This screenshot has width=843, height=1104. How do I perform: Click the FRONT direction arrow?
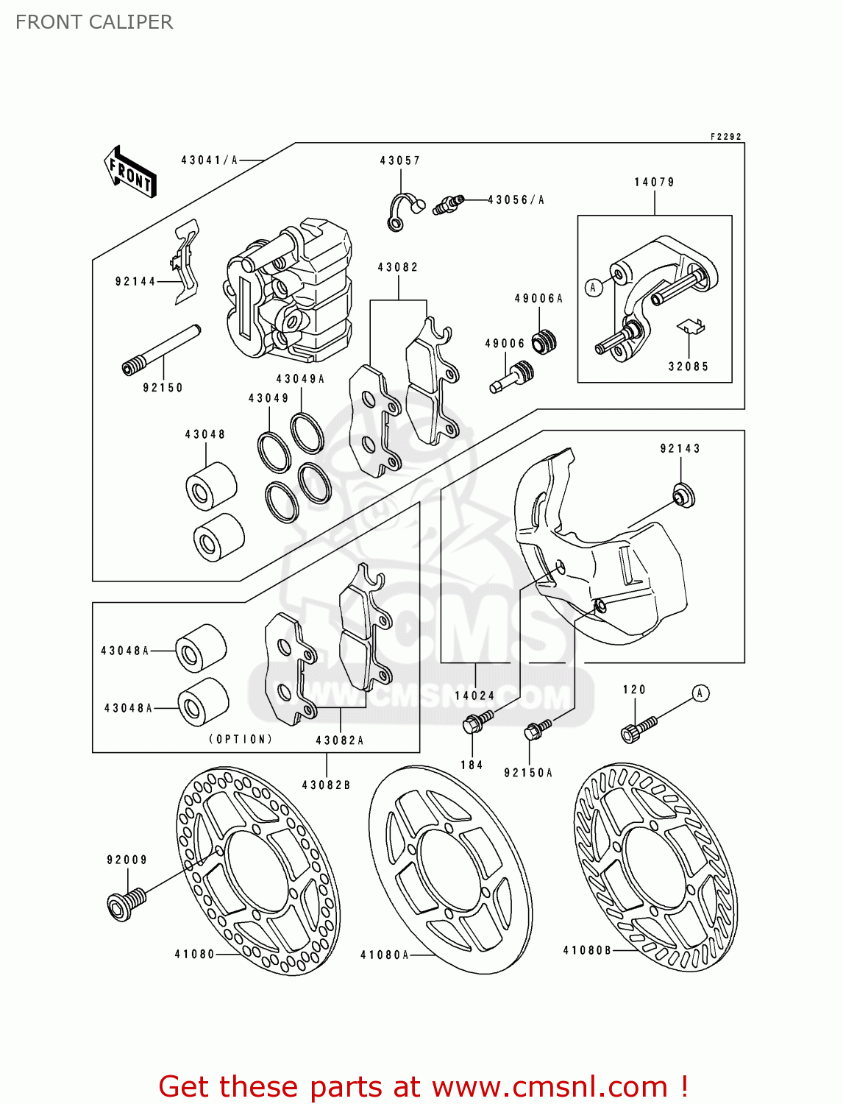[130, 172]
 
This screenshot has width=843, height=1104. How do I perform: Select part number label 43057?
[399, 160]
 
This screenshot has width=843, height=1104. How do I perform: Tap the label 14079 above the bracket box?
[654, 182]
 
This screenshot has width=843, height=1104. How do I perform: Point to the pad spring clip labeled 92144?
[186, 261]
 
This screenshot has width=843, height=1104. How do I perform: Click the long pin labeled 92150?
[161, 350]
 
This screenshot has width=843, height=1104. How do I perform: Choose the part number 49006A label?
[538, 298]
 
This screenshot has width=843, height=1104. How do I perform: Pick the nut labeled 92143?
[683, 495]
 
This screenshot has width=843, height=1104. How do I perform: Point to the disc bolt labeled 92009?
[127, 904]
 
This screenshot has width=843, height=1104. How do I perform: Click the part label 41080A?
[385, 955]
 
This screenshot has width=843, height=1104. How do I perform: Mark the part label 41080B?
[586, 950]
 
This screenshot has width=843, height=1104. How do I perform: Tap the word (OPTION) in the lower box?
[241, 739]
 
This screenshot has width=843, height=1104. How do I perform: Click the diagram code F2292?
[726, 136]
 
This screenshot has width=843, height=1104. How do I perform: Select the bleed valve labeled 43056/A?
[448, 204]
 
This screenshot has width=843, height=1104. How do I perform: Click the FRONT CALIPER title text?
[94, 22]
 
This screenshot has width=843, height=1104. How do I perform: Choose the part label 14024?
[474, 696]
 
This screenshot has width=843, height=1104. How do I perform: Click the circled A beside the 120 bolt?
[700, 693]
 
